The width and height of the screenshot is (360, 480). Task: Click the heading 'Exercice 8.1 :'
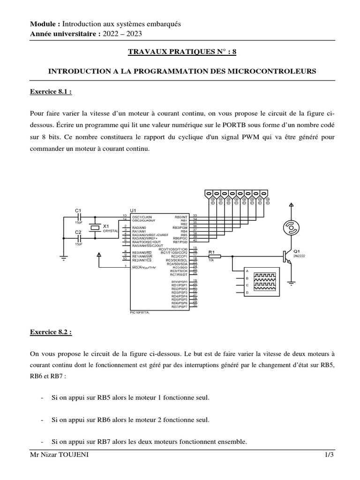tap(51, 92)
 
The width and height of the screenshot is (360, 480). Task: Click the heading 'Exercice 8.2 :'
tap(51, 332)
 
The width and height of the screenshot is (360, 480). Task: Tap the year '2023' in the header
tap(134, 33)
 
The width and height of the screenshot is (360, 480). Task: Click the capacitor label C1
tap(78, 210)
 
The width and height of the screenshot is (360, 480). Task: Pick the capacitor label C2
tap(78, 232)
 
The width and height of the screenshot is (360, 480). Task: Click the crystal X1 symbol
tap(95, 227)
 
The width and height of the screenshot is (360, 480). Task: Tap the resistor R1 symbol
tap(214, 256)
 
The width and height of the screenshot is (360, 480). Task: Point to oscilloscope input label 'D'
tap(247, 292)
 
